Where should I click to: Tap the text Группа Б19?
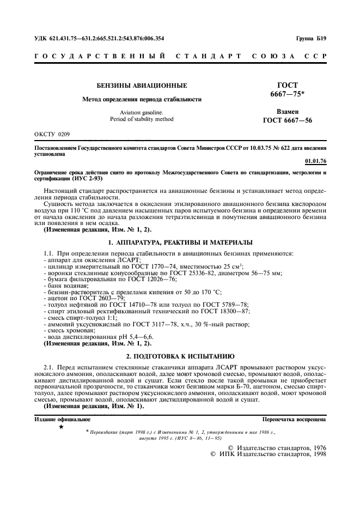(x=311, y=39)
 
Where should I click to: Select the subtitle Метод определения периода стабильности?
(x=142, y=99)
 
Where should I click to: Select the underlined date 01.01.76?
(x=316, y=161)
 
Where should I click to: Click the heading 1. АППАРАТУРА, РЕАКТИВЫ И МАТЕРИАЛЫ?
(x=180, y=242)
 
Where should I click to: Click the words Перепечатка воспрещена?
(x=294, y=420)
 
